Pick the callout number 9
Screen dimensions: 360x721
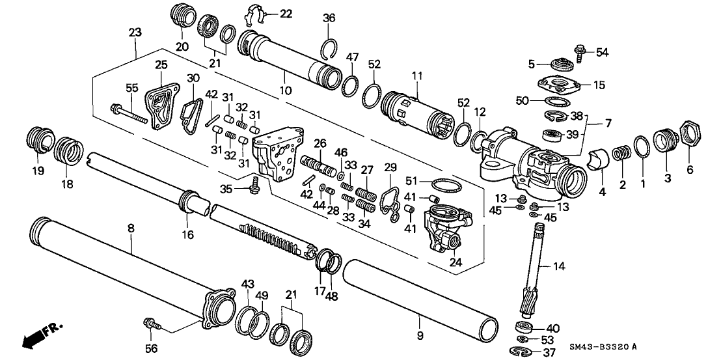click(x=420, y=336)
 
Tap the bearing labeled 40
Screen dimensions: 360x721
click(x=523, y=327)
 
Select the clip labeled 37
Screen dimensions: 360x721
click(x=521, y=352)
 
